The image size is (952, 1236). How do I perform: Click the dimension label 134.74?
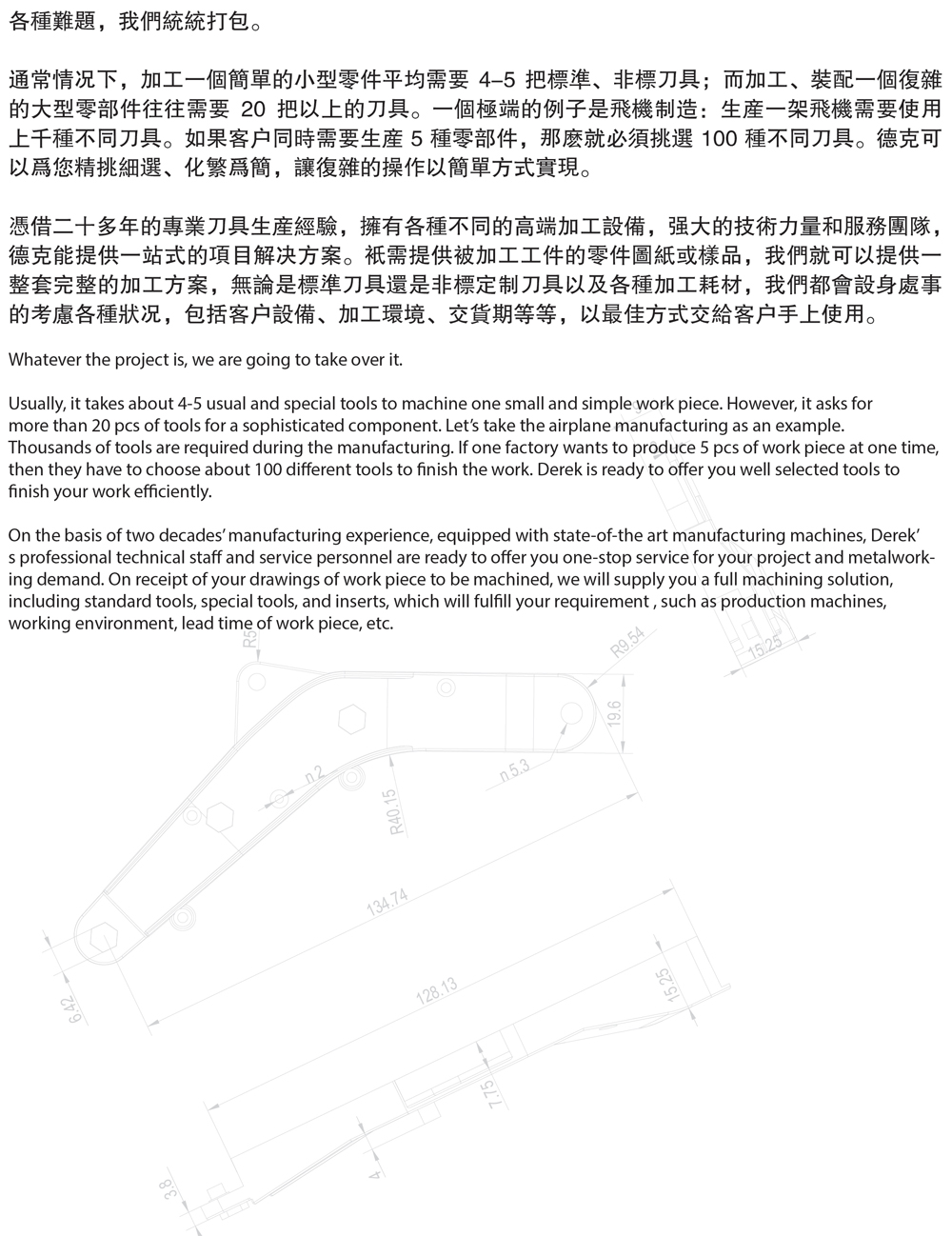click(387, 900)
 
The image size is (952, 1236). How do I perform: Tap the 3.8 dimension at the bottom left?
click(170, 1188)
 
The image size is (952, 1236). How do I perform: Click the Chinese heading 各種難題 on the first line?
click(51, 20)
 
